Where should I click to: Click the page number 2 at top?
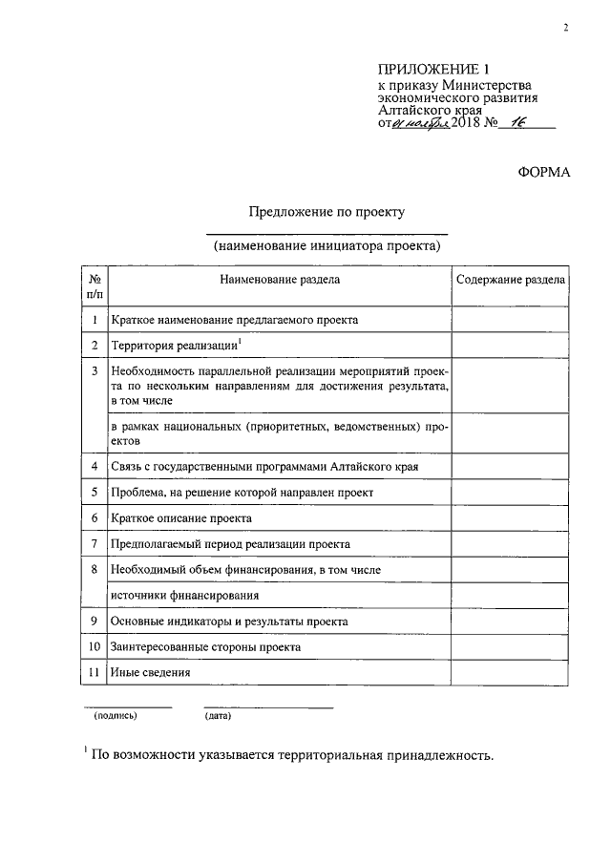tap(565, 29)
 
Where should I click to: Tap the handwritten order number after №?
tap(519, 123)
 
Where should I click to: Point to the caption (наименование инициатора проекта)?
tap(327, 245)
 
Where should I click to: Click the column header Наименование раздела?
tap(279, 281)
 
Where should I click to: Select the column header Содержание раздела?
tap(510, 281)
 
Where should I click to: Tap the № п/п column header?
tap(95, 288)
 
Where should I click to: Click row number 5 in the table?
tap(95, 492)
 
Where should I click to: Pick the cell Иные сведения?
tap(151, 672)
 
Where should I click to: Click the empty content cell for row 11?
tap(510, 672)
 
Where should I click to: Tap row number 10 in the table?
tap(95, 646)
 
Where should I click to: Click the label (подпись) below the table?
tap(115, 715)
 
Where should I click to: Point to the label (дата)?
tap(218, 715)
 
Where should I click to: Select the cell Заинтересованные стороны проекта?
tap(206, 646)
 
